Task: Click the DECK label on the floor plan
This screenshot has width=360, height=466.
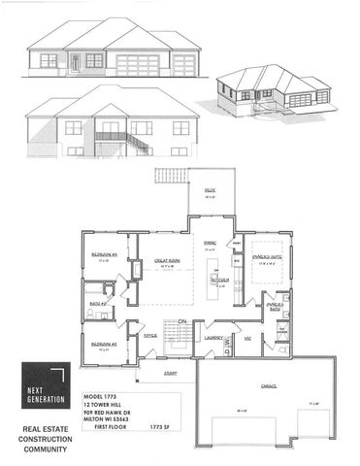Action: coord(208,189)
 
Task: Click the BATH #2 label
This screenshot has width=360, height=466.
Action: coord(97,303)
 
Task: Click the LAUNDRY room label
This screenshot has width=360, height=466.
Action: coord(214,338)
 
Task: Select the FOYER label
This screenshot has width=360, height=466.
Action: coord(149,335)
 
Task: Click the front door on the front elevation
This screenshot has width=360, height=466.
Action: coord(74,63)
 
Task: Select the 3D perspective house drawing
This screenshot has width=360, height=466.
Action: coord(274,93)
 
